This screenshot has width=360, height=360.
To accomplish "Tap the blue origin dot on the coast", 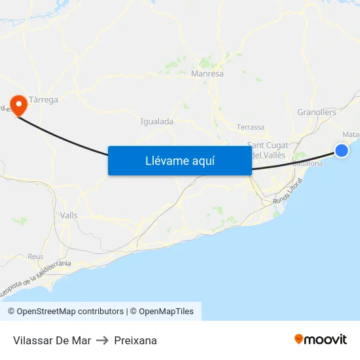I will click(342, 151).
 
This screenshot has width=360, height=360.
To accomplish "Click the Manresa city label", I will click(207, 74).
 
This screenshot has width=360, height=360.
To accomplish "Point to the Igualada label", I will click(157, 121).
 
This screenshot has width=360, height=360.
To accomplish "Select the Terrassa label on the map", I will click(251, 127).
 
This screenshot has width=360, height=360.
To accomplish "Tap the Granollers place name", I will click(316, 113).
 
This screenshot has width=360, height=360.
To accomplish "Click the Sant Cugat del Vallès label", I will click(268, 150).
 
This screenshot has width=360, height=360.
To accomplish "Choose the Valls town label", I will click(69, 215).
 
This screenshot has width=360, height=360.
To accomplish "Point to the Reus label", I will click(35, 257).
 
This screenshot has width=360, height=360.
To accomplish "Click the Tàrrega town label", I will click(44, 100).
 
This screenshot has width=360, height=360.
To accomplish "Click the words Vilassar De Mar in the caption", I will click(52, 340).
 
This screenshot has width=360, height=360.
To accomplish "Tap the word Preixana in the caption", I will click(135, 340).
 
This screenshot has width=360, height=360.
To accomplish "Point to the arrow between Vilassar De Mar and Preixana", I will click(102, 340).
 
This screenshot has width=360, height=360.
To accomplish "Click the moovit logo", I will click(320, 339).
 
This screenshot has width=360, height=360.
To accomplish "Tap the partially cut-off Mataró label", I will click(351, 135).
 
